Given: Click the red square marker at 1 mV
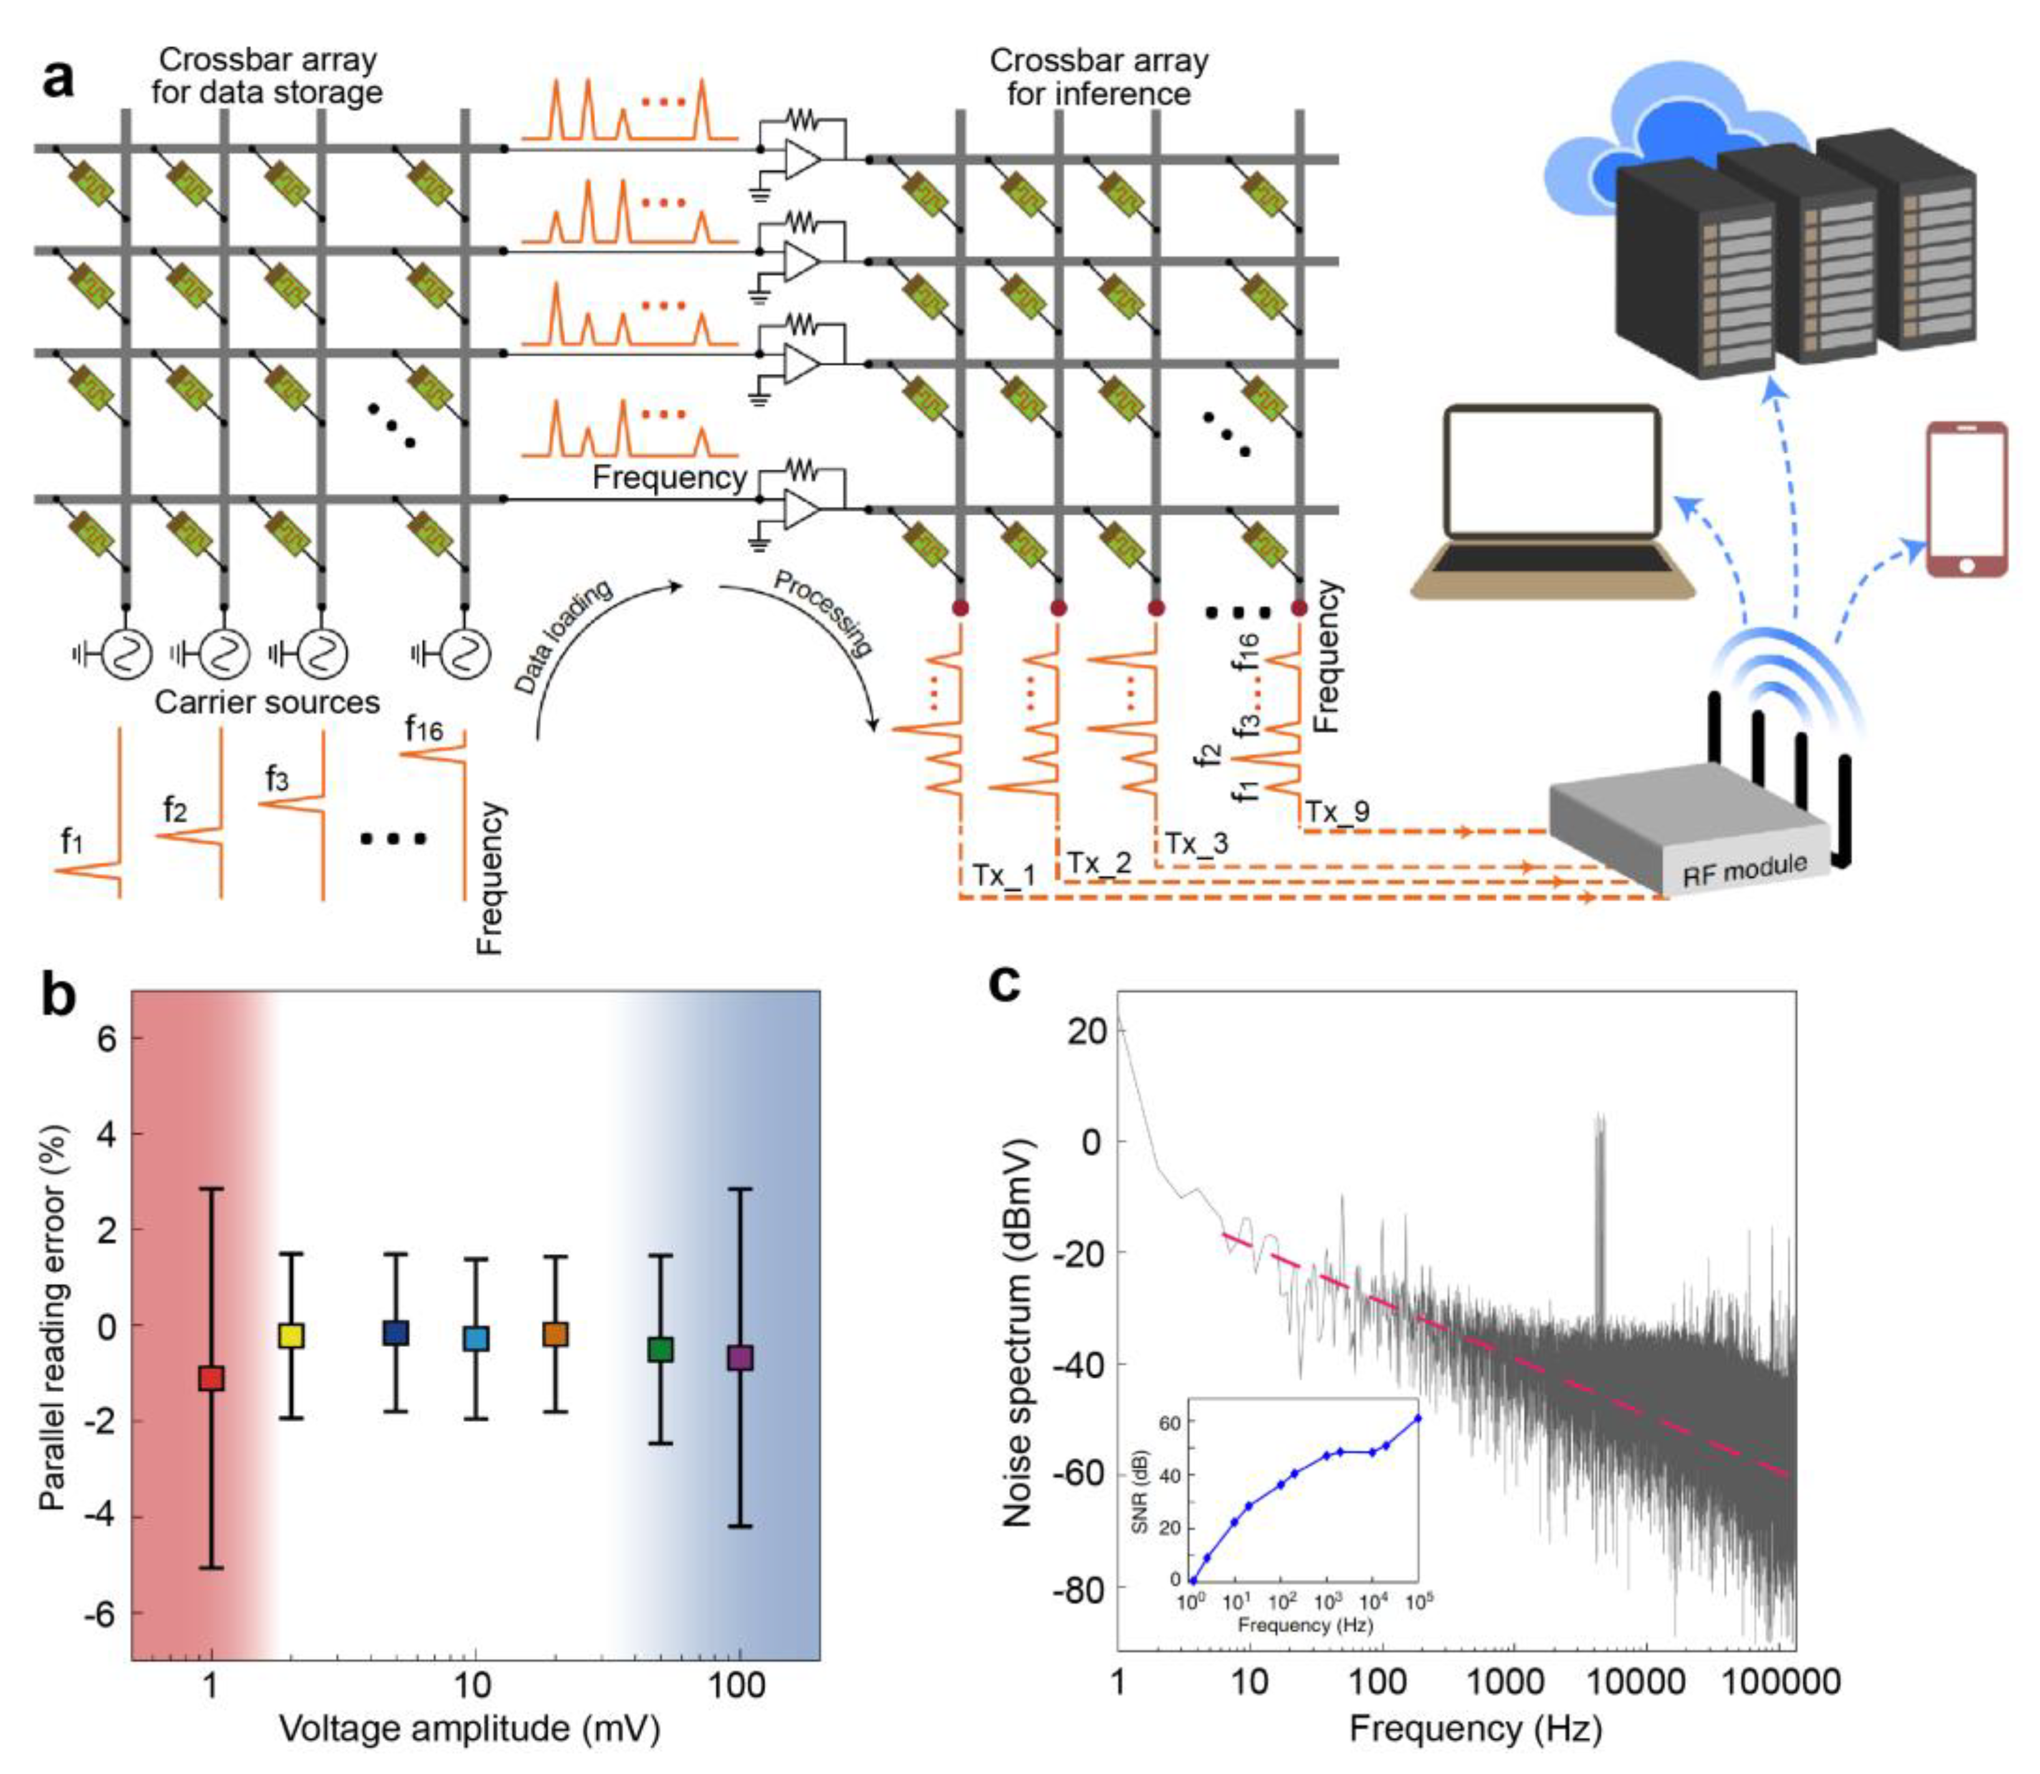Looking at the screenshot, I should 211,1377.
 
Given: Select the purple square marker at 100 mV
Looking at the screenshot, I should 739,1357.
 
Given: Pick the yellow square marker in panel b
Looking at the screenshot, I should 291,1335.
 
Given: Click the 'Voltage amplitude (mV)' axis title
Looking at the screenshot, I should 469,1727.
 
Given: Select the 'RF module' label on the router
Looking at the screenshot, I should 1744,869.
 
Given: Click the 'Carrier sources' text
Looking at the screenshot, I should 267,702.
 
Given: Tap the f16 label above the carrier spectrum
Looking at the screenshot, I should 424,729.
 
